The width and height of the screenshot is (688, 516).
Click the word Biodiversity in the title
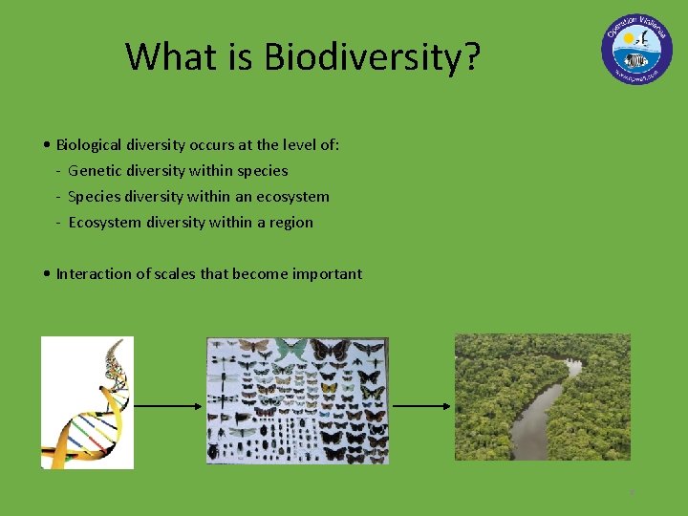click(373, 57)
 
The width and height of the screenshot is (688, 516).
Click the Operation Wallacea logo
click(636, 49)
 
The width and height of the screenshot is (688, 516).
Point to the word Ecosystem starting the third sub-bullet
click(105, 223)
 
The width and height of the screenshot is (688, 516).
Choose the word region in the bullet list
click(290, 223)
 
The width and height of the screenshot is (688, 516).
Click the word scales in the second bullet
click(175, 274)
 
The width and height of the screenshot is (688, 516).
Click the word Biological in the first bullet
click(89, 145)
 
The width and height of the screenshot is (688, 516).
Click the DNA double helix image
click(87, 402)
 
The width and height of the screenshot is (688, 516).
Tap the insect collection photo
click(297, 400)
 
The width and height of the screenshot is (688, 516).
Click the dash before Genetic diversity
click(58, 172)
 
